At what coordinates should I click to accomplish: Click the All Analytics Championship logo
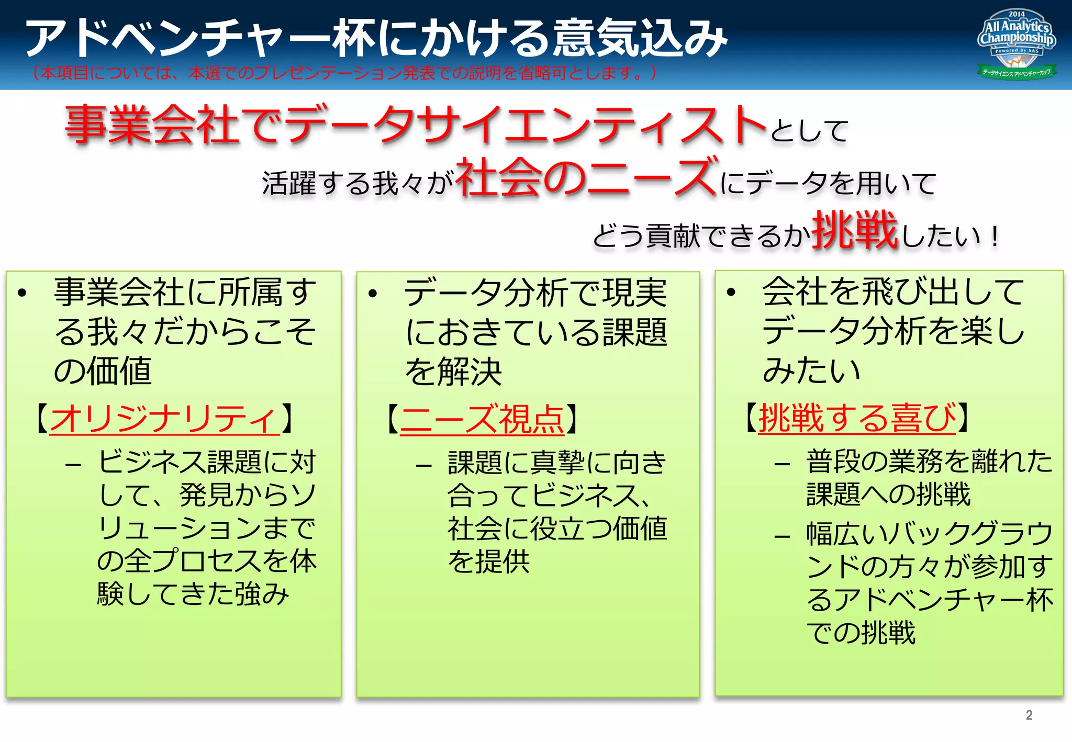click(1016, 44)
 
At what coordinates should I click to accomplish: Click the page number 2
click(1029, 715)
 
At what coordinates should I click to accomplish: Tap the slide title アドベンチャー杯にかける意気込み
click(376, 37)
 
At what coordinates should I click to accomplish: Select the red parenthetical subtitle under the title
click(344, 73)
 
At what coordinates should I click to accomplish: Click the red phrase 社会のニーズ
click(587, 177)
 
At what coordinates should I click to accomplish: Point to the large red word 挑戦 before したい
click(855, 230)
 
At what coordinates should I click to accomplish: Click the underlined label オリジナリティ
click(164, 419)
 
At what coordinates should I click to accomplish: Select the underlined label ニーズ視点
click(482, 419)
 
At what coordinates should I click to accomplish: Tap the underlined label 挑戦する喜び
click(857, 418)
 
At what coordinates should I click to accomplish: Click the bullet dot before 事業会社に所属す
click(22, 293)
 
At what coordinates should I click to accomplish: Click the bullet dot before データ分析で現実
click(372, 294)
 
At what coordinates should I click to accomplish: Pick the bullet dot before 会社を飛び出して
click(731, 292)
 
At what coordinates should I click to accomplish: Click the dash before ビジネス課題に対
click(73, 464)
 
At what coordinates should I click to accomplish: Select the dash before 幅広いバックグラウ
click(782, 536)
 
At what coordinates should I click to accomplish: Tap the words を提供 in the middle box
click(488, 561)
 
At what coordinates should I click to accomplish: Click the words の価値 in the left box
click(103, 371)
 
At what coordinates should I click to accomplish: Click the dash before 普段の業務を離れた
click(782, 464)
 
